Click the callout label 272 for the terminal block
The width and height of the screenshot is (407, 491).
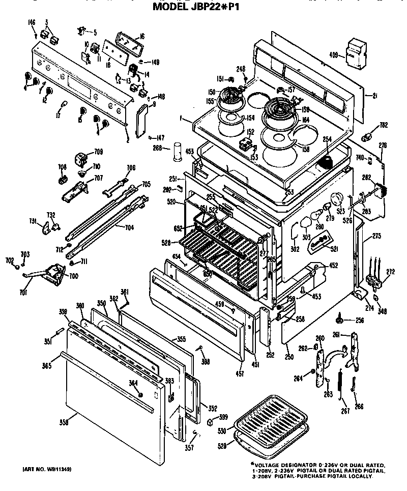tap(390, 272)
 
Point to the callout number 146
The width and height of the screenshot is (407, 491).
tap(32, 23)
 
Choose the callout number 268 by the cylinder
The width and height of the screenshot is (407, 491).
tap(158, 149)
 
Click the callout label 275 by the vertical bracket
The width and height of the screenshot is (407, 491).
tap(376, 236)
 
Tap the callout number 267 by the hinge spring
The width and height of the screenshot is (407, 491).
tap(345, 411)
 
